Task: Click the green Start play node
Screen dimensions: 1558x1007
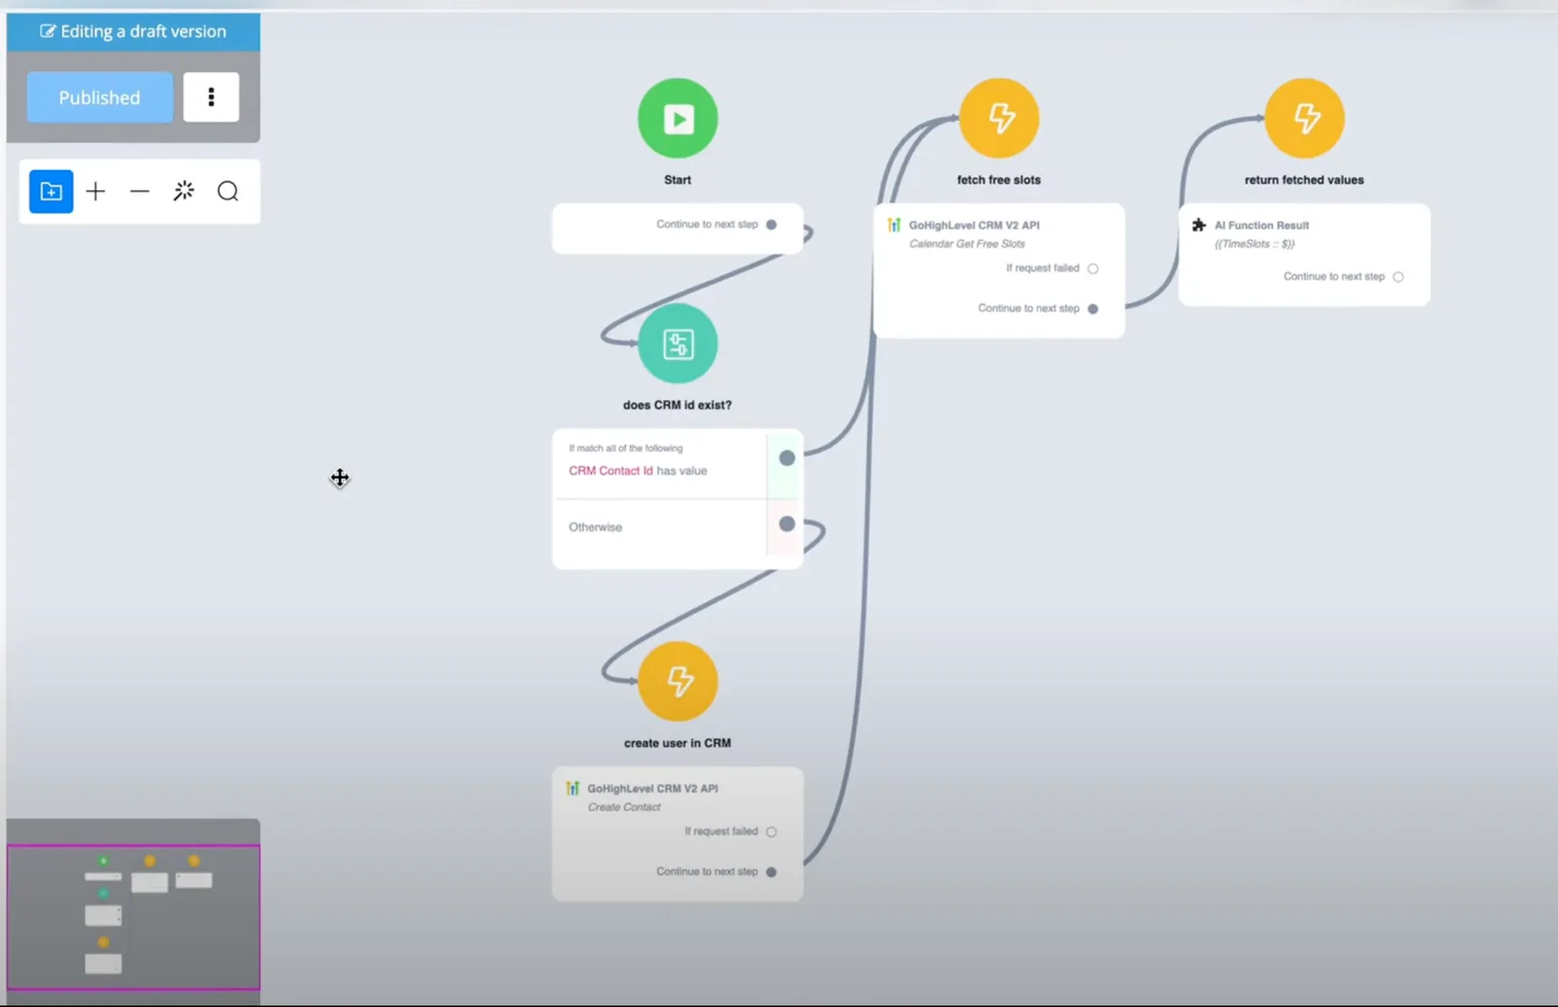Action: coord(678,118)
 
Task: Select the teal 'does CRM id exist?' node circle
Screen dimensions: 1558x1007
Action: coord(678,344)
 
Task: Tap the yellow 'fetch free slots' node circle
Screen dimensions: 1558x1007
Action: coord(999,118)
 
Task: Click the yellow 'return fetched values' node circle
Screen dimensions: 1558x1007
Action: coord(1304,118)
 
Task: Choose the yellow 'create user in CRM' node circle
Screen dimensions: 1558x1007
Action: coord(678,682)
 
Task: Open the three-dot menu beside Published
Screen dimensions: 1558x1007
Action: coord(210,97)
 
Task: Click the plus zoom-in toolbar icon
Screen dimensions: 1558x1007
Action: coord(95,191)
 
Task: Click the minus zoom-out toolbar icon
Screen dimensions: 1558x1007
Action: coord(140,191)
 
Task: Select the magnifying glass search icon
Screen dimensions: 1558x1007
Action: coord(228,191)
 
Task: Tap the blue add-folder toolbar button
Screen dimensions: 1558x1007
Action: coord(51,191)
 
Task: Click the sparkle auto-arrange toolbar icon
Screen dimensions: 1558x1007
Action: coord(184,191)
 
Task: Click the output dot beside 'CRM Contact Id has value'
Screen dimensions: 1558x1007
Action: coord(787,458)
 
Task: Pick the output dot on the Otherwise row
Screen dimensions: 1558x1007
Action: coord(787,524)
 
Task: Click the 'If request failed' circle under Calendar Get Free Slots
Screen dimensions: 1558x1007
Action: coord(1093,269)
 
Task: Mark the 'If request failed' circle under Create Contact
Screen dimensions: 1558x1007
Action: coord(771,832)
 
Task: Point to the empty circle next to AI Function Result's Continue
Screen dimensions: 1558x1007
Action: coord(1398,277)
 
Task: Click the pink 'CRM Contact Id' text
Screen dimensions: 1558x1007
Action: coord(611,470)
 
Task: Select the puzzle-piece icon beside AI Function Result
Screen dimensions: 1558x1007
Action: coord(1199,225)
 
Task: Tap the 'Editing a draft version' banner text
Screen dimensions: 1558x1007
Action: coord(143,31)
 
